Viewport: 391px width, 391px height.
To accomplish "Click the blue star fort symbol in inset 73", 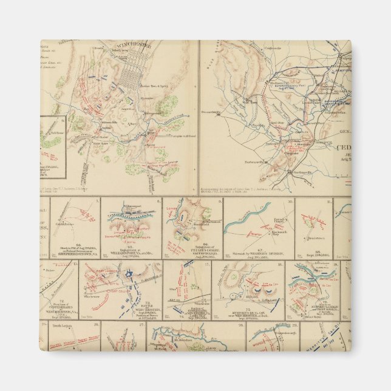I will click(129, 274).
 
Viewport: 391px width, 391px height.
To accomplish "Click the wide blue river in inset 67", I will click(243, 225).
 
